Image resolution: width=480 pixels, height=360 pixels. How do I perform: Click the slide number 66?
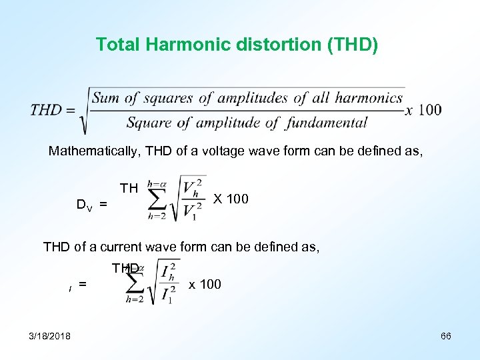tap(446, 336)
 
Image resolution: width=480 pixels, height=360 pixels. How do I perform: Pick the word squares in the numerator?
tap(167, 99)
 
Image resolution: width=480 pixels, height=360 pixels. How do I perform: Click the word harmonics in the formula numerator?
tap(369, 99)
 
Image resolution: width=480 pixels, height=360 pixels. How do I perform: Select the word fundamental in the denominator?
tap(327, 123)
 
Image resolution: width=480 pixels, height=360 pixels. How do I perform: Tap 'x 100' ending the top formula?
tap(423, 110)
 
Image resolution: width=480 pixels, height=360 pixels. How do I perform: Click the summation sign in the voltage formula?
tap(157, 198)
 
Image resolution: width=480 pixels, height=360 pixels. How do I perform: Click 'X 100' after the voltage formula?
tap(231, 199)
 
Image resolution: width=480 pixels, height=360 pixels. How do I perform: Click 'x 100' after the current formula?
tap(205, 285)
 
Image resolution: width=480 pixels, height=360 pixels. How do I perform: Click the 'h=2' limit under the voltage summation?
tap(156, 215)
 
